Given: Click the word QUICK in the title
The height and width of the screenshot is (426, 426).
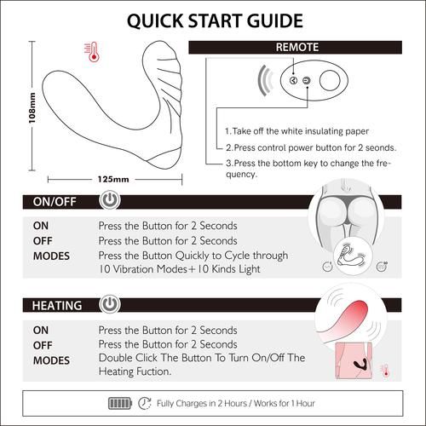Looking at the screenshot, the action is pyautogui.click(x=155, y=21).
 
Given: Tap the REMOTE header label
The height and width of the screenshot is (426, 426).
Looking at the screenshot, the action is pyautogui.click(x=297, y=47).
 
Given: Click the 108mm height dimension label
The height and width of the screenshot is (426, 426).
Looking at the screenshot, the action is pyautogui.click(x=32, y=108).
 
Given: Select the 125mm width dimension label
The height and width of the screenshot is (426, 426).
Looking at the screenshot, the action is pyautogui.click(x=113, y=179).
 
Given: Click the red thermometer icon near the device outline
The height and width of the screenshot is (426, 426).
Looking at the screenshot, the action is pyautogui.click(x=92, y=52).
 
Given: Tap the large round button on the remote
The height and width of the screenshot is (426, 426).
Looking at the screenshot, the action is pyautogui.click(x=330, y=80).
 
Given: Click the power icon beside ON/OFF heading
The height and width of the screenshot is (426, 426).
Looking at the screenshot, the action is pyautogui.click(x=110, y=200).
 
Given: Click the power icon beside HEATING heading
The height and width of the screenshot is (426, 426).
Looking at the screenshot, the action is pyautogui.click(x=110, y=304).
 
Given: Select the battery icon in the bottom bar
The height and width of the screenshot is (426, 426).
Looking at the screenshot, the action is pyautogui.click(x=120, y=403).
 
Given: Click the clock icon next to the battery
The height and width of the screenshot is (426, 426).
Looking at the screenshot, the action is pyautogui.click(x=145, y=403).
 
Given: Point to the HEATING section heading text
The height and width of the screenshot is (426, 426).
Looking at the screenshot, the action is pyautogui.click(x=57, y=306).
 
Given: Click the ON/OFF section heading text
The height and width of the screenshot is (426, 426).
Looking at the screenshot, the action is pyautogui.click(x=55, y=202).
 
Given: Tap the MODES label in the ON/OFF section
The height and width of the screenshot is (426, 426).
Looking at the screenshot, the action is pyautogui.click(x=51, y=256).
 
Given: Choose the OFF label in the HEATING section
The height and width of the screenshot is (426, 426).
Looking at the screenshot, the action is pyautogui.click(x=43, y=345).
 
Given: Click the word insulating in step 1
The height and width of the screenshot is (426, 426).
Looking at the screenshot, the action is pyautogui.click(x=311, y=131).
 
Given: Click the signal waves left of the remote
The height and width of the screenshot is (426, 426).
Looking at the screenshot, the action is pyautogui.click(x=265, y=81).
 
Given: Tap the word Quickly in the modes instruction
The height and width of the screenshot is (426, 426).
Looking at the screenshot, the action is pyautogui.click(x=192, y=256).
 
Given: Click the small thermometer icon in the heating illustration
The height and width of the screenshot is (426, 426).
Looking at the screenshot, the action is pyautogui.click(x=385, y=371).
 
